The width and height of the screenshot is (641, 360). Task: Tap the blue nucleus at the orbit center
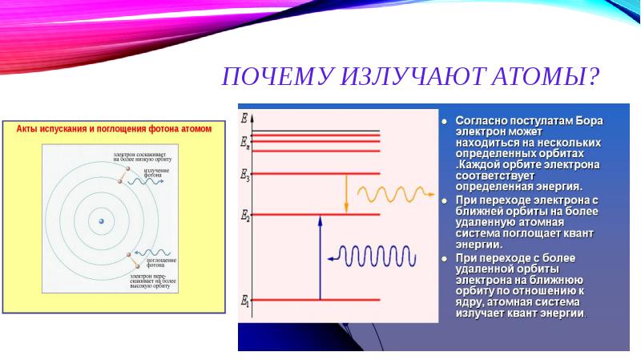pos(101,220)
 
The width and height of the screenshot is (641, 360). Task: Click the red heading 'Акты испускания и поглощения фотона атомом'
pos(109,129)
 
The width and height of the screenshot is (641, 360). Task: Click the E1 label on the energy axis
pos(244,301)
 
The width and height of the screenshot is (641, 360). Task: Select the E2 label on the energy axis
pos(245,215)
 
